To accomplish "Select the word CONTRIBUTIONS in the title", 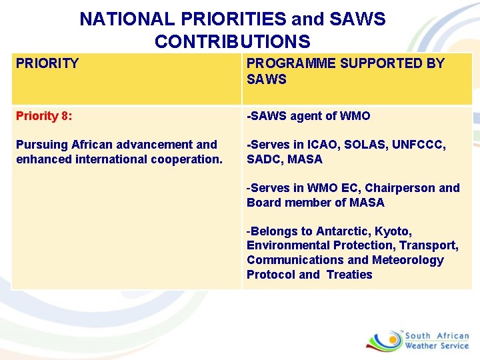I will (x=232, y=42).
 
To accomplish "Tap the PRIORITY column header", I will (x=47, y=64).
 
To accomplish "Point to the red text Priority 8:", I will (x=44, y=116).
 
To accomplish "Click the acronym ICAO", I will (x=322, y=145).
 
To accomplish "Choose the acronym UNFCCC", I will (x=419, y=145).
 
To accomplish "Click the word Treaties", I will (x=349, y=275).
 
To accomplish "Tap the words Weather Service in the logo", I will (x=437, y=346).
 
